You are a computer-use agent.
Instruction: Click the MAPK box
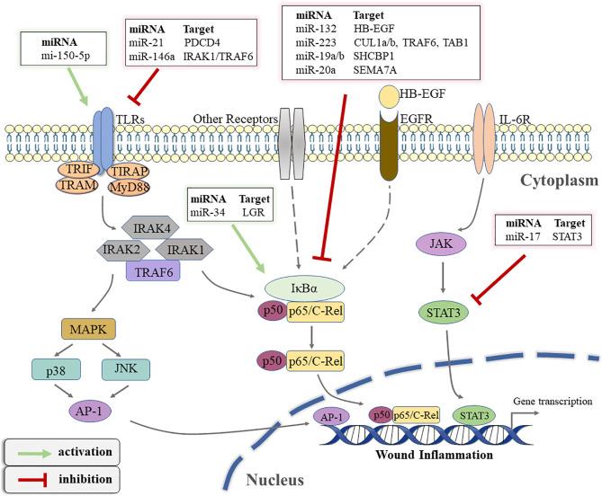point(83,330)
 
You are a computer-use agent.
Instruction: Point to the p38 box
point(53,368)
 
